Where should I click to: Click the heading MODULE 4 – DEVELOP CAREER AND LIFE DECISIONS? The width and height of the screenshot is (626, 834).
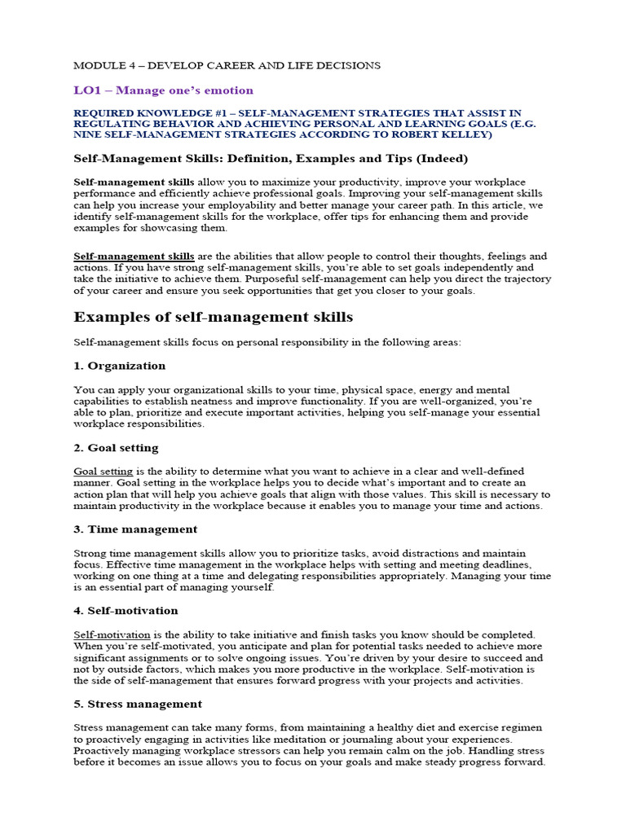pos(227,64)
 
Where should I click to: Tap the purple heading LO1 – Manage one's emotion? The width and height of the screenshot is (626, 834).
pos(164,90)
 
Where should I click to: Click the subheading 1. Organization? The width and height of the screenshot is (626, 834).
pos(120,366)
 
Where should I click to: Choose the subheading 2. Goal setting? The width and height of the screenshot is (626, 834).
pos(116,447)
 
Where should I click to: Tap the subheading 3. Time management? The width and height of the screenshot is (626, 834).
pos(135,529)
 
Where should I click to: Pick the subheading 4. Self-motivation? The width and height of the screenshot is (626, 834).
pos(126,610)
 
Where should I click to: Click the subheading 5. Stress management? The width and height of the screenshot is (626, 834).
pos(138,703)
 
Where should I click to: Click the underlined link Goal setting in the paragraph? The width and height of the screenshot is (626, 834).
pos(104,472)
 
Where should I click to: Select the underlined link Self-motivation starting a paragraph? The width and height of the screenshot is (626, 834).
pos(112,634)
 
